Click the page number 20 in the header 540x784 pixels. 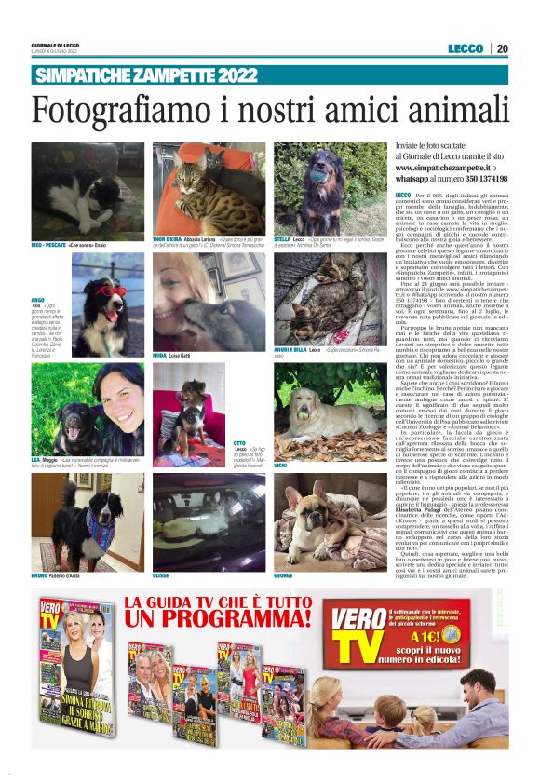(503, 48)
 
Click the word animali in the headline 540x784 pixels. (459, 112)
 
